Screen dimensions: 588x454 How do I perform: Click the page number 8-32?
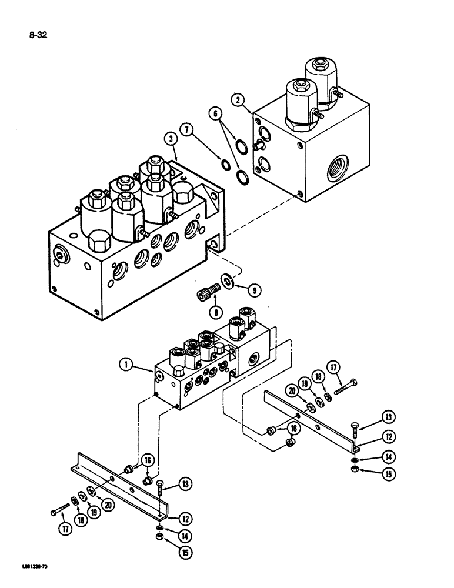[37, 35]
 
